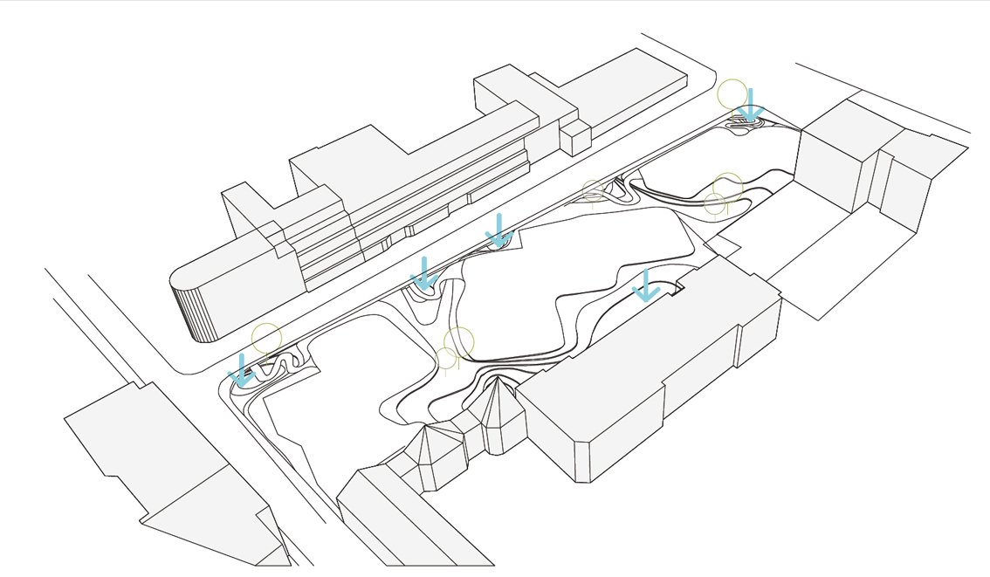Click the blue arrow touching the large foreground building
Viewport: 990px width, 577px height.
tap(646, 286)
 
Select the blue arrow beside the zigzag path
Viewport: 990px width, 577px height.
tap(242, 370)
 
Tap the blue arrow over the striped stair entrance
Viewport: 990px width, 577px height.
tap(748, 106)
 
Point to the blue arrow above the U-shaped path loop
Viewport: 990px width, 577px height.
tap(424, 273)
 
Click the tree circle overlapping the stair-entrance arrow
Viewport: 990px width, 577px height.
tap(732, 94)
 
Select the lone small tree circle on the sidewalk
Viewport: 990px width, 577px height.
tap(593, 190)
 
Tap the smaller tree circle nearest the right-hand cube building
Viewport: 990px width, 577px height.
tap(714, 204)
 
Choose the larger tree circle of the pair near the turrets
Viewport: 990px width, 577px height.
tap(458, 342)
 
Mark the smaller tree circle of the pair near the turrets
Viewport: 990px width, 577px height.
tap(445, 357)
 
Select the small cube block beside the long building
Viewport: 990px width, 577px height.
tap(574, 139)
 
